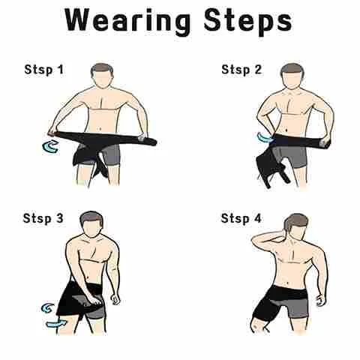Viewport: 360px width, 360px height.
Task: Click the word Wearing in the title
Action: click(127, 21)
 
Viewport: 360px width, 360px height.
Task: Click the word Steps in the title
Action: click(247, 21)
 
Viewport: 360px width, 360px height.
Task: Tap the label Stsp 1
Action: click(44, 69)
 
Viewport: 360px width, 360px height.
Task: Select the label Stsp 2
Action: click(241, 69)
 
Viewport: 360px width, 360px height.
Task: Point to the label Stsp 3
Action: click(43, 218)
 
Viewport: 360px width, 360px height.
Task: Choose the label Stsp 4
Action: click(241, 218)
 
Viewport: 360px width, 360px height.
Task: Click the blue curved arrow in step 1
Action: click(50, 146)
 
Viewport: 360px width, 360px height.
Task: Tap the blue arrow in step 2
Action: click(265, 137)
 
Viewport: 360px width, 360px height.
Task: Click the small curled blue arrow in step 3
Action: click(47, 308)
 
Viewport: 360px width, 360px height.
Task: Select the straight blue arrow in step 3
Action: click(56, 324)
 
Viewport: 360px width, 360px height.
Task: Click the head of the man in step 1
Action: click(101, 76)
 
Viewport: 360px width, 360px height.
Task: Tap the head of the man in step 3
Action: click(91, 224)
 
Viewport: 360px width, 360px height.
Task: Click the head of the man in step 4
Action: click(295, 225)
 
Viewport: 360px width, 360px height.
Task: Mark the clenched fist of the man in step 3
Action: click(115, 299)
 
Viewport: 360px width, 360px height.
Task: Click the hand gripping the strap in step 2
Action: click(325, 142)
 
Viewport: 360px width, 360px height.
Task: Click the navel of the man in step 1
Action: click(100, 129)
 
